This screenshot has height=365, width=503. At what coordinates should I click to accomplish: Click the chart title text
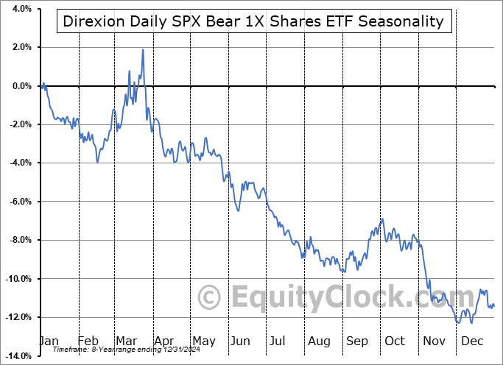tap(253, 21)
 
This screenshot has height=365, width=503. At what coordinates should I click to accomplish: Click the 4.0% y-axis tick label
tap(21, 9)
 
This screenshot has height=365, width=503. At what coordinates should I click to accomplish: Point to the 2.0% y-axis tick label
tap(21, 48)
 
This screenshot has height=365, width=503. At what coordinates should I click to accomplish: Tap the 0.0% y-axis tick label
tap(21, 86)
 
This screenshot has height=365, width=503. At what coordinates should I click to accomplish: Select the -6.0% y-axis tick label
tap(19, 202)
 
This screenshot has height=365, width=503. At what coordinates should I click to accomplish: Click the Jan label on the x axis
tap(49, 341)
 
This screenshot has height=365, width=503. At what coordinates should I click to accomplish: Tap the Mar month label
tap(126, 341)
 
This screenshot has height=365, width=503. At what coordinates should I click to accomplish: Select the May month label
tap(203, 341)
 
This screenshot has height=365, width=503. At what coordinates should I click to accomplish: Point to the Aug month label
tap(319, 341)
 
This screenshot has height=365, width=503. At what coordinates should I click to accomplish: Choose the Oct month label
tap(395, 341)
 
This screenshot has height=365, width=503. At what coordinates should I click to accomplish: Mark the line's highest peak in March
tap(142, 50)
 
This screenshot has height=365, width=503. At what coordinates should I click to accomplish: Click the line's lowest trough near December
tap(459, 322)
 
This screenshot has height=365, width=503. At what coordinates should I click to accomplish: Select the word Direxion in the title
tap(90, 21)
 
